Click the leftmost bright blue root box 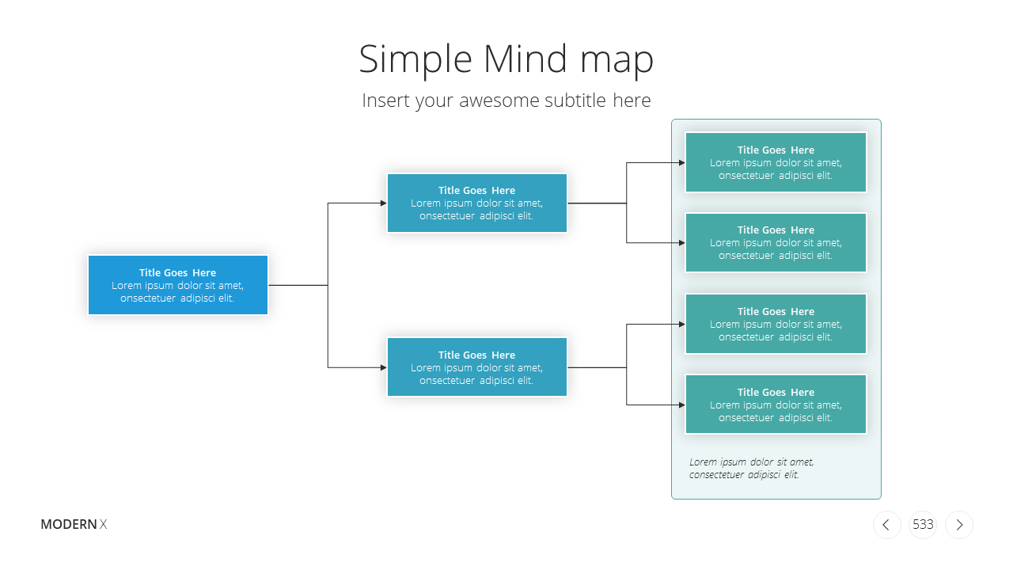coord(178,285)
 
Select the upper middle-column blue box coord(476,203)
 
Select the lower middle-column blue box coord(476,367)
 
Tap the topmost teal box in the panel coord(776,162)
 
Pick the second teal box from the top coord(776,242)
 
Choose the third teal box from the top coord(776,324)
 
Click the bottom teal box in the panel coord(776,405)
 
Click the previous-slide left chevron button coord(887,525)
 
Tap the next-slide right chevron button coord(959,525)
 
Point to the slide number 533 coord(923,524)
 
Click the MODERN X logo coord(74,524)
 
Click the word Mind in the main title coord(525,59)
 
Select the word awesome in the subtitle coord(499,101)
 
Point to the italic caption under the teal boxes coord(751,468)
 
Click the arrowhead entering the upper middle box coord(384,203)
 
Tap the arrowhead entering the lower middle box coord(384,367)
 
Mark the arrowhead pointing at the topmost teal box coord(682,162)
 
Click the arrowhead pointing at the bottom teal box coord(682,405)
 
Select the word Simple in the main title coord(415,60)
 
